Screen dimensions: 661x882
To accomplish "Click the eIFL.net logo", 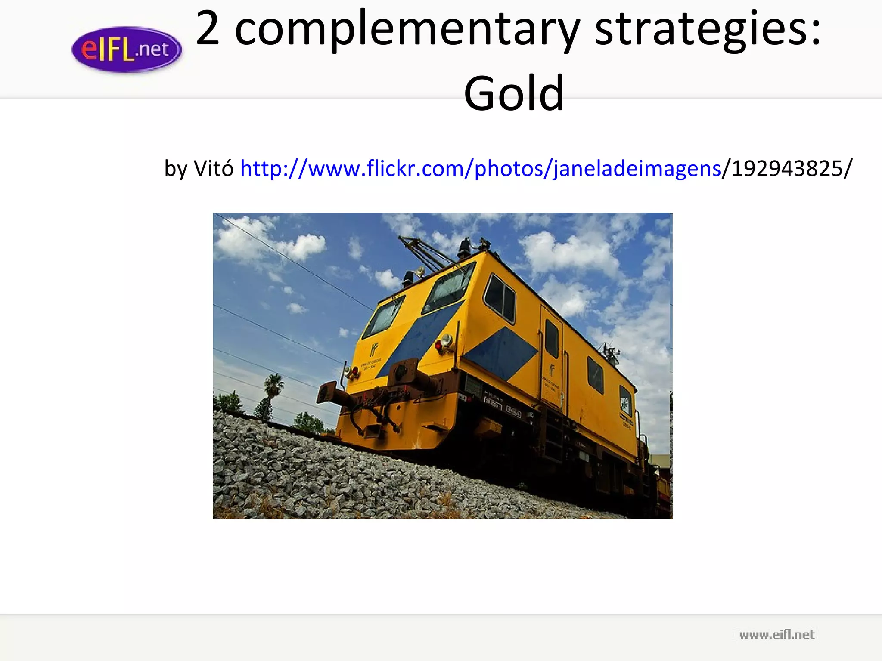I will point(127,49).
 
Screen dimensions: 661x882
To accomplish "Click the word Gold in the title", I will point(514,93).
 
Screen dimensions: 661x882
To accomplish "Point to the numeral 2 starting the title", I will point(208,28).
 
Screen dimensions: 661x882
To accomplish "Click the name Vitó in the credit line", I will point(214,168).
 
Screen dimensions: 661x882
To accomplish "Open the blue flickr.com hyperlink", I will point(480,168).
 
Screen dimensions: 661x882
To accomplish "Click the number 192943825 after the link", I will point(788,168).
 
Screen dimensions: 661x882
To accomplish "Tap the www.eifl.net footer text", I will point(776,635).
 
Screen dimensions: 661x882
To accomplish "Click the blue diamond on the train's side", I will point(502,353).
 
